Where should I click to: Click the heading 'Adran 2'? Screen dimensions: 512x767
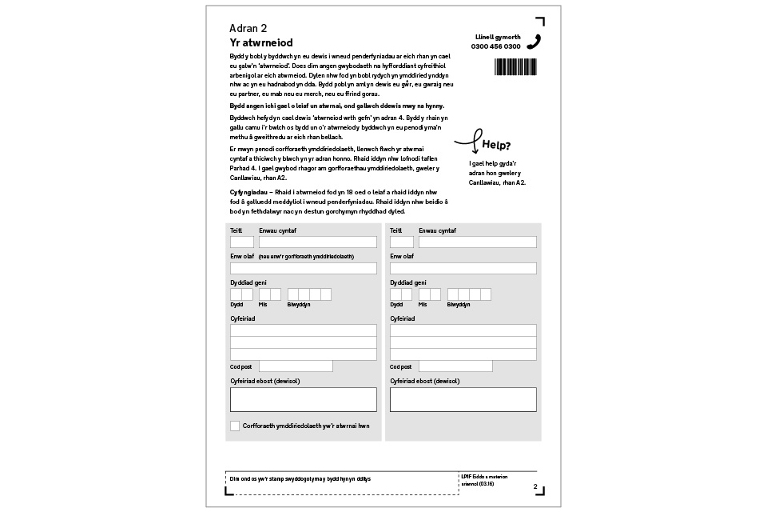248,28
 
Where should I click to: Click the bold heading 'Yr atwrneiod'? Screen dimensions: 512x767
261,43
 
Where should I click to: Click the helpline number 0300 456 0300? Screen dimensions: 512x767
495,46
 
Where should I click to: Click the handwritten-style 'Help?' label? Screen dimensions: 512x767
496,146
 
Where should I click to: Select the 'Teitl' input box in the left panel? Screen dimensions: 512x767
242,242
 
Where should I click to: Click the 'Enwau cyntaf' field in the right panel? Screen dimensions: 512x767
477,242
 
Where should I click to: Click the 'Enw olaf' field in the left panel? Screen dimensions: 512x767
303,268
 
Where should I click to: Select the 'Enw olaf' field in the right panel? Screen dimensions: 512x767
463,268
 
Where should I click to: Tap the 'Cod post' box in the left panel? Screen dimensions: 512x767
296,366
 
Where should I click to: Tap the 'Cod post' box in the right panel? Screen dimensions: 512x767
455,366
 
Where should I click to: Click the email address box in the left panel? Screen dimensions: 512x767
303,399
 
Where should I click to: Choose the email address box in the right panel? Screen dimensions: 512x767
463,399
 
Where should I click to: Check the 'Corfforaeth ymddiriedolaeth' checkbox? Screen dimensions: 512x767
235,426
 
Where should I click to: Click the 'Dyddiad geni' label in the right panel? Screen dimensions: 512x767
408,282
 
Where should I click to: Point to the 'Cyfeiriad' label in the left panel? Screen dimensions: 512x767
243,318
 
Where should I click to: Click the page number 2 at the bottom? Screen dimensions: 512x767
535,486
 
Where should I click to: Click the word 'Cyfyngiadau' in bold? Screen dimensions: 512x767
249,193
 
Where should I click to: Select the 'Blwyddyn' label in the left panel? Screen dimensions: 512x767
299,305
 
